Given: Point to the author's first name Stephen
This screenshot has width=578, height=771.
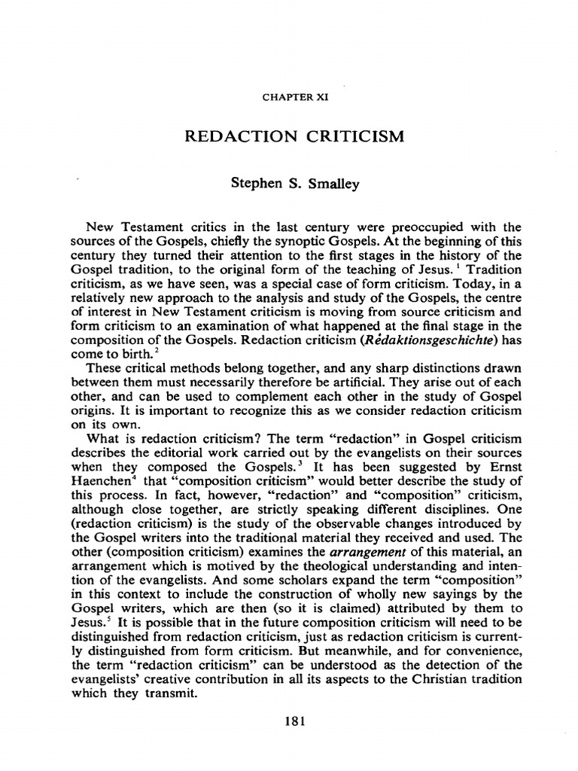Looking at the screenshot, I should point(259,184).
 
